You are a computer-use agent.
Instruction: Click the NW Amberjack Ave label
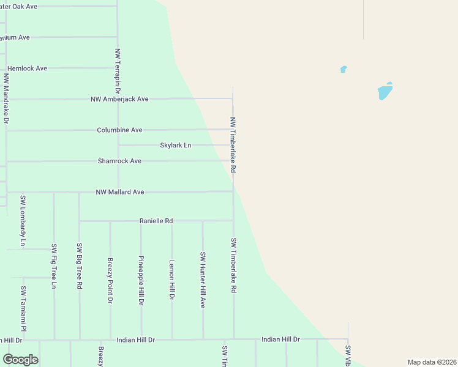(119, 99)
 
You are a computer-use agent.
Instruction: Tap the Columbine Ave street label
(119, 130)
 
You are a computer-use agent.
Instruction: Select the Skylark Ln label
(176, 146)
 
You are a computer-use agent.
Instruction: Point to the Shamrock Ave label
(119, 161)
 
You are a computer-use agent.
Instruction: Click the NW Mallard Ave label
(119, 192)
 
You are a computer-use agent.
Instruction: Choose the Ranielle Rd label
(156, 221)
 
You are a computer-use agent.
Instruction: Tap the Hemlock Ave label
(27, 69)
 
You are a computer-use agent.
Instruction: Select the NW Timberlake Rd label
(233, 144)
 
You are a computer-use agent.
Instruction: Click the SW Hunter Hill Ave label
(203, 280)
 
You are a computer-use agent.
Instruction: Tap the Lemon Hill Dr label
(172, 280)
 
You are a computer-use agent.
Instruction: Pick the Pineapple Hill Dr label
(141, 280)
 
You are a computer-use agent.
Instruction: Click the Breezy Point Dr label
(110, 280)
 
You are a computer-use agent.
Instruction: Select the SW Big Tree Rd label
(79, 265)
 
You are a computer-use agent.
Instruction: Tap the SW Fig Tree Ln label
(54, 266)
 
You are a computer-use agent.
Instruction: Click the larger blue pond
(385, 92)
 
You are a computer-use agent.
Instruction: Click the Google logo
(21, 360)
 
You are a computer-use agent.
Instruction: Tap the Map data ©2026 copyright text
(431, 362)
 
